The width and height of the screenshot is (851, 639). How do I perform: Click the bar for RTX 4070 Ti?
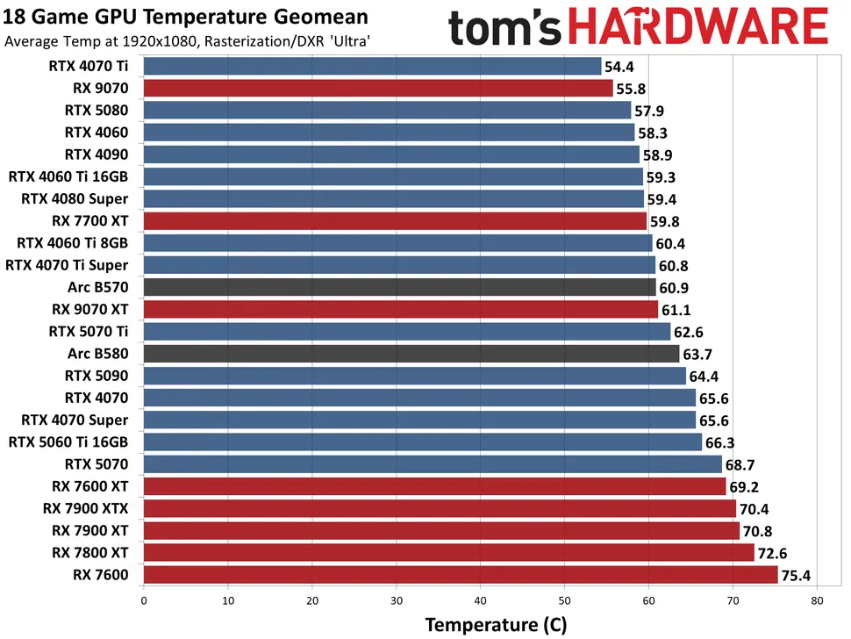371,66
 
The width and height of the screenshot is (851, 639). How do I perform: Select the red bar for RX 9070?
377,88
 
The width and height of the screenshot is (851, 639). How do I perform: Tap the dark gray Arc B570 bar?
399,287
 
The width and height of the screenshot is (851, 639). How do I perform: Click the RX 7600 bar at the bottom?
460,575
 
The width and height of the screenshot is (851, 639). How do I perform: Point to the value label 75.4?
796,575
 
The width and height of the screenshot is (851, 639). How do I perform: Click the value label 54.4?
619,66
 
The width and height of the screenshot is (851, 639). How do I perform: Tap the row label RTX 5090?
97,376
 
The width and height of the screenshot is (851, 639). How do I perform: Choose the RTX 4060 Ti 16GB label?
68,176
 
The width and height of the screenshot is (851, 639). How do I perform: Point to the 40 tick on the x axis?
480,601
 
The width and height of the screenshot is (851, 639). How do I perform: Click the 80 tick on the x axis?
817,601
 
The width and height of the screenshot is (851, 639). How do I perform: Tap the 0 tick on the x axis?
143,601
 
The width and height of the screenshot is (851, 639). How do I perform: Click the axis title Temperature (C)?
496,625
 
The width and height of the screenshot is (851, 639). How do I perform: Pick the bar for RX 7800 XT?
448,553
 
